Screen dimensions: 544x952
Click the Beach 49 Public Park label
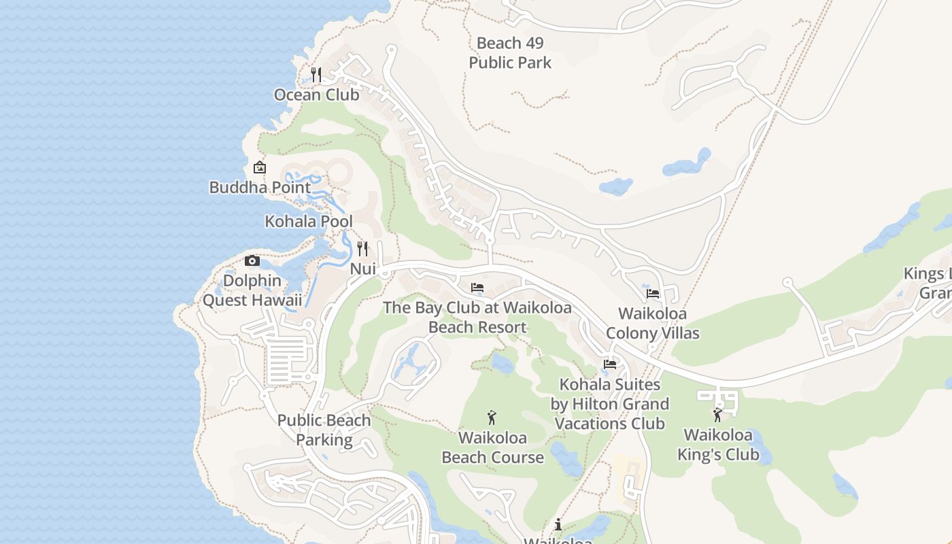point(510,53)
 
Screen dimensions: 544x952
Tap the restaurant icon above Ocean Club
point(316,74)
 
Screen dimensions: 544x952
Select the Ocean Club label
point(316,95)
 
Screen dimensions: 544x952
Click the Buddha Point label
point(260,187)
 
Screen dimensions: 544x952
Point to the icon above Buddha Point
point(259,167)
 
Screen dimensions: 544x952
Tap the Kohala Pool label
point(309,221)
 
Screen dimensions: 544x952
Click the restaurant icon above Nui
point(362,249)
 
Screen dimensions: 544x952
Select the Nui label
point(362,269)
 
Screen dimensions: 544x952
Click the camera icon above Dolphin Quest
point(252,260)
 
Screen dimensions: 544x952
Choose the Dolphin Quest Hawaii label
point(252,290)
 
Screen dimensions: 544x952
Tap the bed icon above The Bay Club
point(477,288)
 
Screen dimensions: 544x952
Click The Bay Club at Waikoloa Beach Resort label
point(477,317)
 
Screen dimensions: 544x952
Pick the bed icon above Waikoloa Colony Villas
point(653,294)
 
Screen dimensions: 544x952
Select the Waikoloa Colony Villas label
point(653,323)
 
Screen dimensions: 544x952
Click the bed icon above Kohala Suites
point(610,364)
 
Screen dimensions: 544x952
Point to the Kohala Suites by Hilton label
point(610,404)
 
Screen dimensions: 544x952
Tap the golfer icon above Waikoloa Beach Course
point(492,418)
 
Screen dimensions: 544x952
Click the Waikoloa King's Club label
point(718,445)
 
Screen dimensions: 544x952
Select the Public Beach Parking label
point(324,430)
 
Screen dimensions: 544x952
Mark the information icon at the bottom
point(558,524)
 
